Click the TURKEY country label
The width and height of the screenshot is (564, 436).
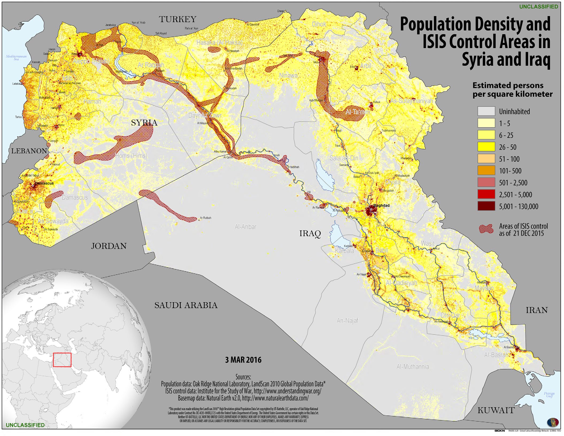pyautogui.click(x=178, y=20)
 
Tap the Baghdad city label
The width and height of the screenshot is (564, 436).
pyautogui.click(x=381, y=205)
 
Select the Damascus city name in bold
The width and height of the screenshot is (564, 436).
pyautogui.click(x=44, y=183)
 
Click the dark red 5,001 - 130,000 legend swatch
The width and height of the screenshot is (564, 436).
pyautogui.click(x=486, y=206)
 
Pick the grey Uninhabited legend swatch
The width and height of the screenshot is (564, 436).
pyautogui.click(x=486, y=111)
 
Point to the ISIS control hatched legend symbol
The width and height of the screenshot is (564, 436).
pyautogui.click(x=486, y=229)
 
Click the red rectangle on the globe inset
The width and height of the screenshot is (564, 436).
pyautogui.click(x=62, y=360)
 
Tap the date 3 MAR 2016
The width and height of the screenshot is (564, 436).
pyautogui.click(x=243, y=360)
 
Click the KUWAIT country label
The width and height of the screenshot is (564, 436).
pyautogui.click(x=496, y=410)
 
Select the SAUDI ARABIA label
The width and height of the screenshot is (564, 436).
pyautogui.click(x=186, y=305)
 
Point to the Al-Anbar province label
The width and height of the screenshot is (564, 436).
pyautogui.click(x=245, y=227)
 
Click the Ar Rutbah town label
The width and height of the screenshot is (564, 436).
pyautogui.click(x=205, y=218)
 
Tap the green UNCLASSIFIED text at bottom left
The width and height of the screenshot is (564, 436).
pyautogui.click(x=25, y=425)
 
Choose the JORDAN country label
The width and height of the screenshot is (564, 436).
pyautogui.click(x=109, y=246)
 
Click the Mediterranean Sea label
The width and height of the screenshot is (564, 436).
pyautogui.click(x=16, y=58)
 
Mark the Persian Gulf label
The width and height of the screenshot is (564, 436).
pyautogui.click(x=549, y=395)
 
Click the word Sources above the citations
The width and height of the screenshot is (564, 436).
pyautogui.click(x=243, y=377)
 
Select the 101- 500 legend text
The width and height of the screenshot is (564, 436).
pyautogui.click(x=510, y=171)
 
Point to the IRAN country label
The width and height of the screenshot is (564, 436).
pyautogui.click(x=537, y=310)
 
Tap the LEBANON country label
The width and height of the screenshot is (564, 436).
pyautogui.click(x=29, y=151)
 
